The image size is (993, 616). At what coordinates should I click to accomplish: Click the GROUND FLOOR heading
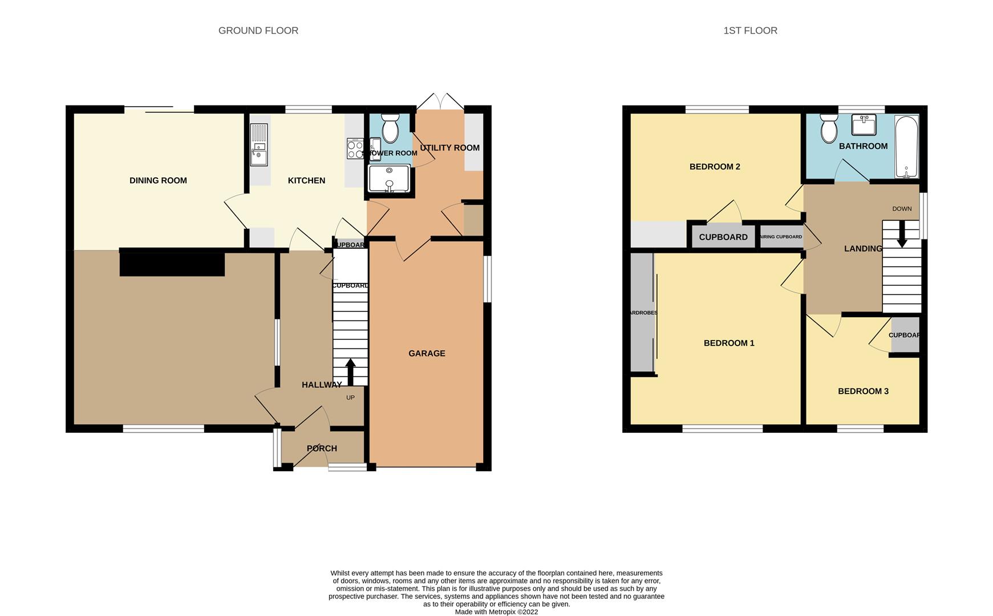pos(258,31)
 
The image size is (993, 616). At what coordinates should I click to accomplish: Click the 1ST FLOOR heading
pos(749,31)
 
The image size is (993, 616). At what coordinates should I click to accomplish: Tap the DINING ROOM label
pos(158,181)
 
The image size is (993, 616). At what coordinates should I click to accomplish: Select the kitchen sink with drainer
pos(259,145)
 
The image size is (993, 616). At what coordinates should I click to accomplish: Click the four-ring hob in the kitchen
pos(355,149)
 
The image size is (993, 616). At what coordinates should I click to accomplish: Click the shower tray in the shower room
pos(389,179)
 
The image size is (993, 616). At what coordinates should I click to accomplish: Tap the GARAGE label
pos(427,354)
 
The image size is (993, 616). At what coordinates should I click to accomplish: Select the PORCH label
pos(322,448)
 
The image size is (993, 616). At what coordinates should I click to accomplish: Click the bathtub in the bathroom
pos(906,146)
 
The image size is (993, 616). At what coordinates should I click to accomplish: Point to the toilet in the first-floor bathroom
pos(829,129)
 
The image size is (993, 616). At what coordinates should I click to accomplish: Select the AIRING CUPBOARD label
pos(781,237)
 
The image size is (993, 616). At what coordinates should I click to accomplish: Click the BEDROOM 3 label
pos(862,391)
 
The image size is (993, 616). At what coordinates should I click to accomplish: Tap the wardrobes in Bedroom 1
pos(643,313)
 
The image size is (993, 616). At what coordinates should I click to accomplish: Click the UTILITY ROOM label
pos(449,148)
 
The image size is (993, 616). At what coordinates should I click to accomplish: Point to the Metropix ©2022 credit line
pos(496,612)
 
